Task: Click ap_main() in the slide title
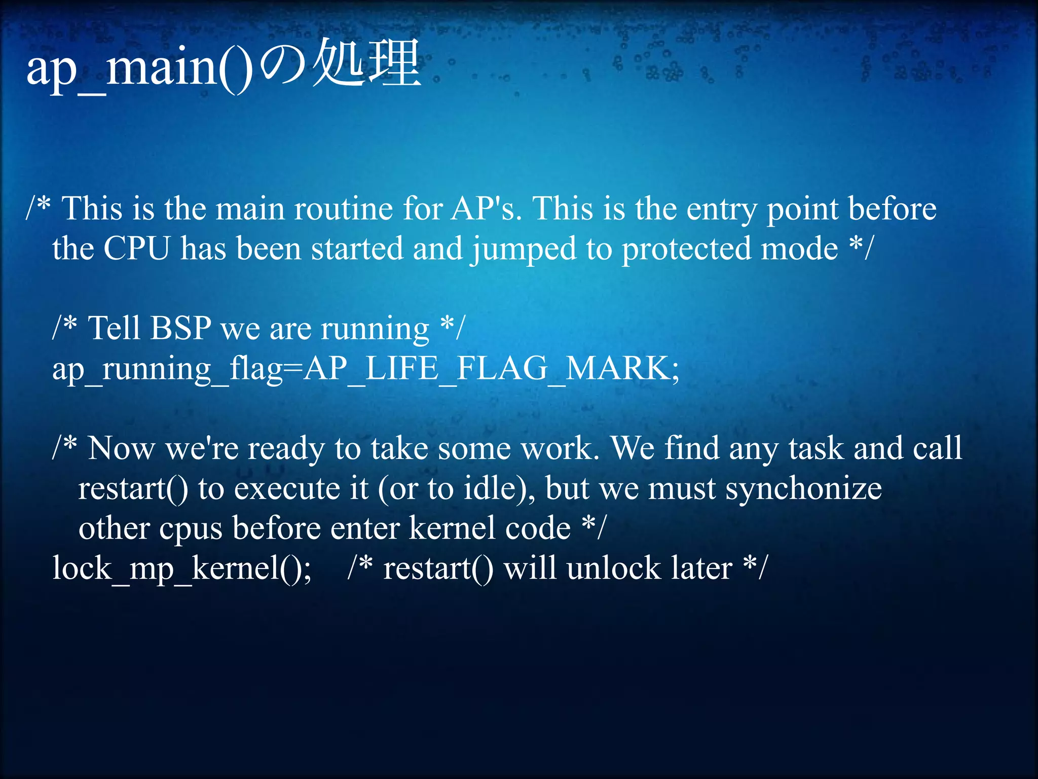pyautogui.click(x=139, y=68)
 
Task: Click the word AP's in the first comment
pyautogui.click(x=486, y=208)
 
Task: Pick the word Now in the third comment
pyautogui.click(x=121, y=448)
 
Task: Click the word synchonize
pyautogui.click(x=804, y=489)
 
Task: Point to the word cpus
pyautogui.click(x=191, y=529)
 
